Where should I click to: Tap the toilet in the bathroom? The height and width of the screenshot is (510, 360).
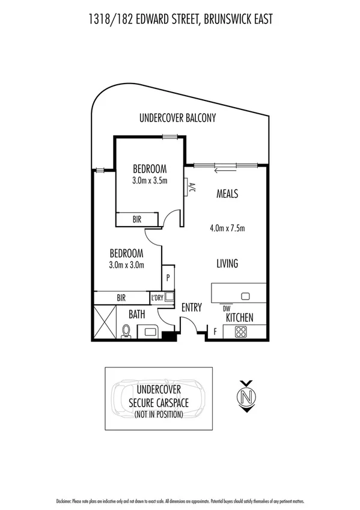click(126, 331)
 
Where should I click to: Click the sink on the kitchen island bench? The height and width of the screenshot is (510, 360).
click(245, 296)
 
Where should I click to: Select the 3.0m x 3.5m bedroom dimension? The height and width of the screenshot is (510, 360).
click(150, 180)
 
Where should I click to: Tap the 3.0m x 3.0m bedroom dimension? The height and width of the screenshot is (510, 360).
click(126, 263)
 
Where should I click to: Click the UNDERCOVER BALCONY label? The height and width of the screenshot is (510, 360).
click(177, 118)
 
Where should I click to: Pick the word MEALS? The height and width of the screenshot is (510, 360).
click(227, 194)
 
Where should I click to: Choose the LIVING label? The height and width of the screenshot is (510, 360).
click(227, 263)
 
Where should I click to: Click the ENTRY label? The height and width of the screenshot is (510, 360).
click(192, 307)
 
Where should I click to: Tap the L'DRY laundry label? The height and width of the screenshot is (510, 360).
click(157, 298)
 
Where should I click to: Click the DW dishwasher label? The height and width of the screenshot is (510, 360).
click(227, 308)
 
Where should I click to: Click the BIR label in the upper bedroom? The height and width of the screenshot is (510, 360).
click(137, 220)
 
